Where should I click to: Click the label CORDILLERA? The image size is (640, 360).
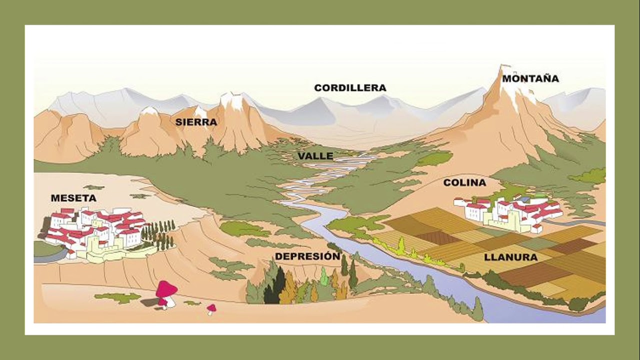point(350,88)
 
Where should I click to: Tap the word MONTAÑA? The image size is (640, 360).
point(530,78)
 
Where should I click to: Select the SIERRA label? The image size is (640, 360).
point(196,122)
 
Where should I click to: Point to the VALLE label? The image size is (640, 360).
point(315,156)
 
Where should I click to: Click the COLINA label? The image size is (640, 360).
point(464,183)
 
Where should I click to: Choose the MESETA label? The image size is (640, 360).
point(73,198)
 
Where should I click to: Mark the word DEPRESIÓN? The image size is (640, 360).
point(307,256)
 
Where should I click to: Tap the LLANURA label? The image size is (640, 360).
point(510,257)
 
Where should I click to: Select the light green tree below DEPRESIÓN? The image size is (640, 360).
point(324,277)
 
